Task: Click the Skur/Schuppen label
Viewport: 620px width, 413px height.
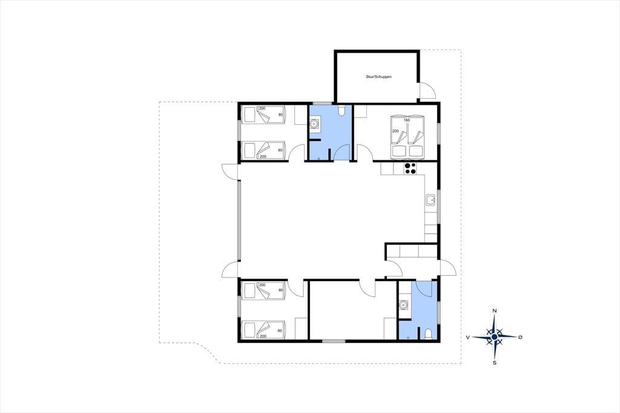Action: pos(378,77)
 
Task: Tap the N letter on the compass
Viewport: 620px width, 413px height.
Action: pos(494,311)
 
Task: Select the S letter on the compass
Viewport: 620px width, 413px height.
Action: pos(494,362)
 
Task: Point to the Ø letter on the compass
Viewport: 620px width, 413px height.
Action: pos(520,337)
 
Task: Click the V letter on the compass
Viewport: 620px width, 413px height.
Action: pos(468,337)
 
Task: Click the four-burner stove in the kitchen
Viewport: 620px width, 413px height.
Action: pos(410,168)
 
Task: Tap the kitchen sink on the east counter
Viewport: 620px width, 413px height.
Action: pos(430,200)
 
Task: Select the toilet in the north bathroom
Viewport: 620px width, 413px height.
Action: pos(343,110)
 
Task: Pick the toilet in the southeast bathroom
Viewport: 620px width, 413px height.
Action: pos(427,334)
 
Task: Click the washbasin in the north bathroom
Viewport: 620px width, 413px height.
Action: pos(314,124)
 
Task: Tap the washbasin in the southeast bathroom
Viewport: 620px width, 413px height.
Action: pos(403,305)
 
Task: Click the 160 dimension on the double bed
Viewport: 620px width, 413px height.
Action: pos(406,120)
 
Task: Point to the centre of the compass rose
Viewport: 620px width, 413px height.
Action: pos(494,337)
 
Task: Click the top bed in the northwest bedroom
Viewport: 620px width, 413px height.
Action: pos(263,114)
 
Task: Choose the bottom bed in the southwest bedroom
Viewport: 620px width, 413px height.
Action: pos(263,329)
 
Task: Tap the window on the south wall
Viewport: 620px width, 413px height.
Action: pos(334,341)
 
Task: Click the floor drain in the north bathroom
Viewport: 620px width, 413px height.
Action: pos(319,159)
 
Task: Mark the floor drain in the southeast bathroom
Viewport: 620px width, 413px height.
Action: pos(409,337)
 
